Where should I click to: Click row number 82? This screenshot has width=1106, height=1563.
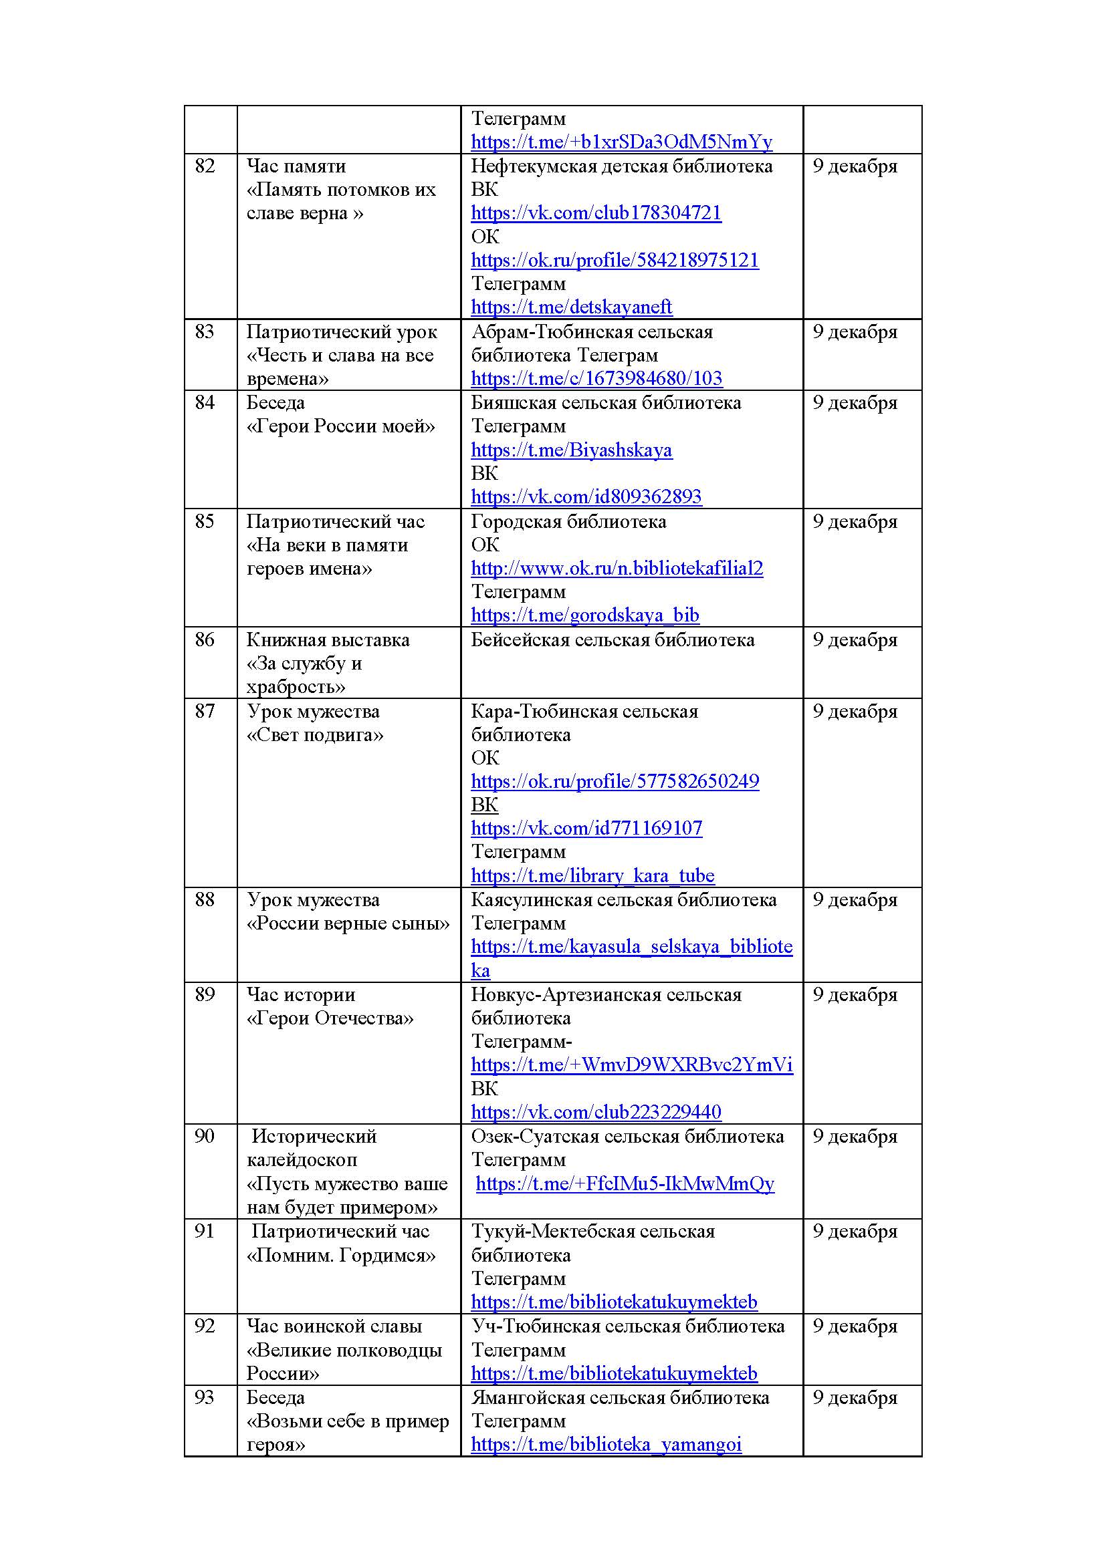point(205,166)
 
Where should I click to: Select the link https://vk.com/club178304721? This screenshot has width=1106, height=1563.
point(596,213)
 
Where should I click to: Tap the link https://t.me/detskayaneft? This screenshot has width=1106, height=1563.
point(571,307)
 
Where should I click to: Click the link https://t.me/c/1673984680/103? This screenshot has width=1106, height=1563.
point(596,378)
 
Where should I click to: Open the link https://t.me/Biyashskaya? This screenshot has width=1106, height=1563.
point(571,450)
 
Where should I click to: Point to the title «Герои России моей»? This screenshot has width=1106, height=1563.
point(340,426)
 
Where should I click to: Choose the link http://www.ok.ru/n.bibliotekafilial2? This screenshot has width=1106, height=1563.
point(617,569)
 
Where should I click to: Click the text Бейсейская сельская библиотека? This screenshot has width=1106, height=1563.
point(613,640)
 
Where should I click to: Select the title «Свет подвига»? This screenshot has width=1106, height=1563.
point(315,734)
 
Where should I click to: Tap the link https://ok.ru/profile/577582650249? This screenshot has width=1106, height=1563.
point(615,782)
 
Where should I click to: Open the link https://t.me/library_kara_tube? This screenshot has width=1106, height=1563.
point(592,875)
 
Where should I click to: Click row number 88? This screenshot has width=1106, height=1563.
point(205,900)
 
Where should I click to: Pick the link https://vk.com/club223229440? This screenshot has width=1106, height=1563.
point(596,1113)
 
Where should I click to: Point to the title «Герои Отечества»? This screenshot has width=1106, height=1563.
point(330,1018)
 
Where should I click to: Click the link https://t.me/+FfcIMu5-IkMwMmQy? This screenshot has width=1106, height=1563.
point(625,1184)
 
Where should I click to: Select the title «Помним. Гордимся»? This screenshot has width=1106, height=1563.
point(340,1256)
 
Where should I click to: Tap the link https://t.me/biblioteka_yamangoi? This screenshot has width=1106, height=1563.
point(606,1445)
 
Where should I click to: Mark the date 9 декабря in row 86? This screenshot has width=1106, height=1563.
point(855,640)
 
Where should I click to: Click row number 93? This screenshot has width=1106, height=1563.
point(205,1397)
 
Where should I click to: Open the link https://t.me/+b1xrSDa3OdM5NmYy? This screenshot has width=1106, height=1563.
point(621,142)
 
